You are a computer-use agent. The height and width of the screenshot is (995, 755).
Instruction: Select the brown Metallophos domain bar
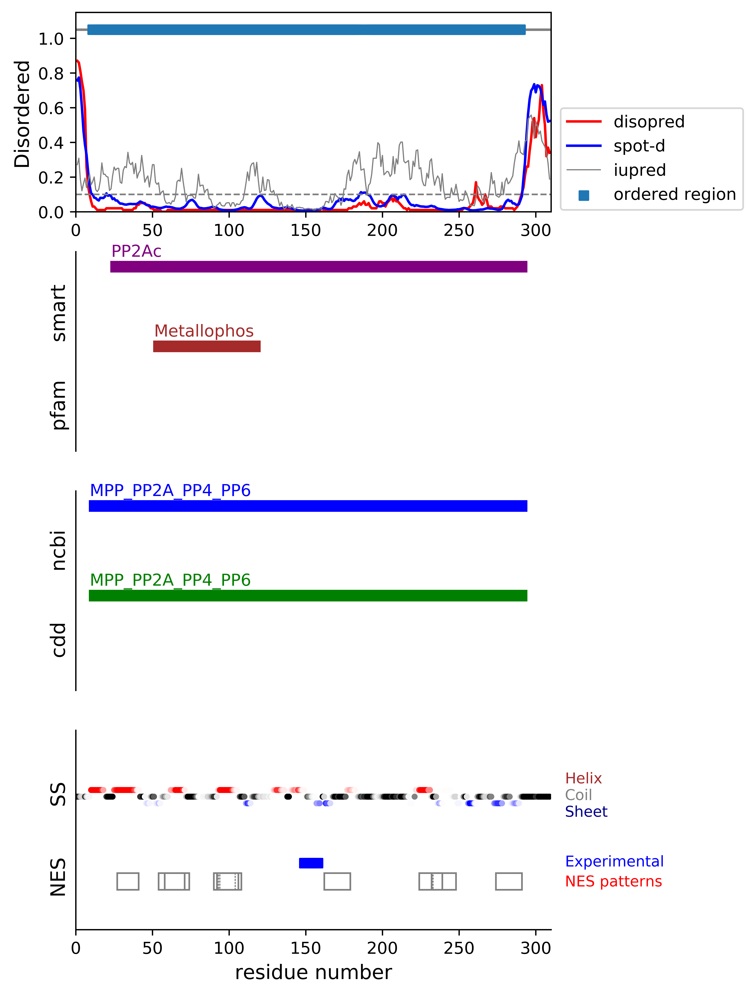207,346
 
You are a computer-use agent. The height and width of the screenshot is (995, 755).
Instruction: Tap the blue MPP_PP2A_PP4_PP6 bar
308,506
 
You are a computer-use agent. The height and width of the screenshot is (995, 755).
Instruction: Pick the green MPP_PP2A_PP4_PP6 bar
308,596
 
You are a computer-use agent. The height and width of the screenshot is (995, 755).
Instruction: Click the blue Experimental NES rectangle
311,863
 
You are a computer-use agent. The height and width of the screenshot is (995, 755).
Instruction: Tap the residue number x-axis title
313,973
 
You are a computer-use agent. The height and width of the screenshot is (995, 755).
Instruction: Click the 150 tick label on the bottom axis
306,948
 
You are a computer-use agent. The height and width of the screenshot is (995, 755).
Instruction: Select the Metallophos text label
204,331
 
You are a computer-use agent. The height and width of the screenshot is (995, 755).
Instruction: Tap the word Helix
583,778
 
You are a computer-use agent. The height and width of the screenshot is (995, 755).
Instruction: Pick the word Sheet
586,812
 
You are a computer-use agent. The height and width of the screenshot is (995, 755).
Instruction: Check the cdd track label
59,640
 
